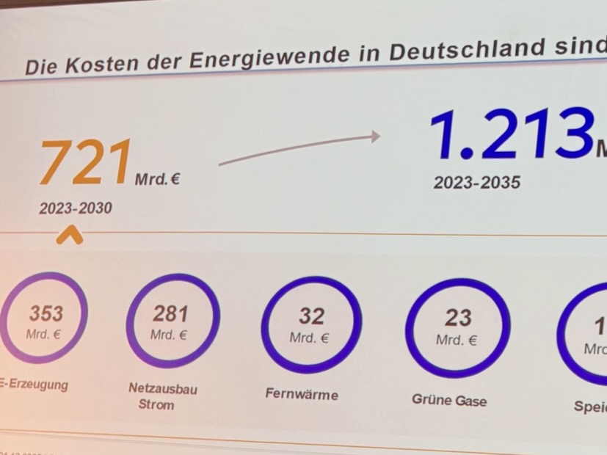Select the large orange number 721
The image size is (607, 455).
pyautogui.click(x=86, y=163)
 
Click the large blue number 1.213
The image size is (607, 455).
pyautogui.click(x=511, y=135)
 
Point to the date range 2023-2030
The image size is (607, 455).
pyautogui.click(x=76, y=209)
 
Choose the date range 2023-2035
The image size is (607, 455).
pyautogui.click(x=476, y=183)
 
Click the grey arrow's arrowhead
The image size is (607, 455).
pyautogui.click(x=374, y=136)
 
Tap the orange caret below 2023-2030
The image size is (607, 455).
pyautogui.click(x=70, y=235)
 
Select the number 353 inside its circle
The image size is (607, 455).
pyautogui.click(x=46, y=313)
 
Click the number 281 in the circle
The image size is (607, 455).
pyautogui.click(x=170, y=314)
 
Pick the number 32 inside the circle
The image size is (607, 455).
pyautogui.click(x=311, y=316)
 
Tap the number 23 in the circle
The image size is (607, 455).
pyautogui.click(x=458, y=318)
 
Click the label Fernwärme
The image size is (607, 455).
pyautogui.click(x=302, y=394)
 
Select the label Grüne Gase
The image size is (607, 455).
pyautogui.click(x=449, y=400)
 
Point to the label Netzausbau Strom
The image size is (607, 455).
pyautogui.click(x=163, y=396)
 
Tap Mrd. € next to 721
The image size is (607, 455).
pyautogui.click(x=157, y=178)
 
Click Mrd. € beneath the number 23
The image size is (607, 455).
pyautogui.click(x=457, y=341)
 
